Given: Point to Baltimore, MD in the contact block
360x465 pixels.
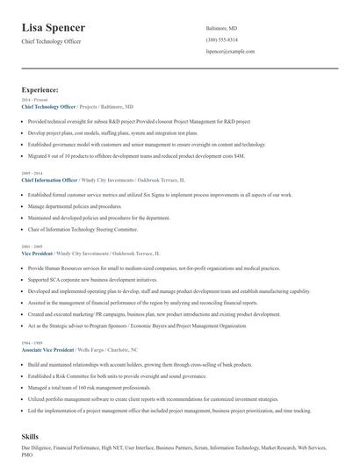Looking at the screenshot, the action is tap(221, 28).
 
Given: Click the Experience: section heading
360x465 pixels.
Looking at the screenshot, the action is tap(40, 89).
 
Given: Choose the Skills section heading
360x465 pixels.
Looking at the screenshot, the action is tap(32, 436).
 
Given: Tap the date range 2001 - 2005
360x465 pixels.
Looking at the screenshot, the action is tap(31, 247).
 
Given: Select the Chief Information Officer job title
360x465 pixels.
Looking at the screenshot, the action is tap(51, 180).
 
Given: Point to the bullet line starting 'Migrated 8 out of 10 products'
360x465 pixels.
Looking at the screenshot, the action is tap(136, 155).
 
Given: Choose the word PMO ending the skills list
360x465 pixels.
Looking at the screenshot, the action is tap(28, 456).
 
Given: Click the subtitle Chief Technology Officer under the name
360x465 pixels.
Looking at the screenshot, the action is tap(54, 42).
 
